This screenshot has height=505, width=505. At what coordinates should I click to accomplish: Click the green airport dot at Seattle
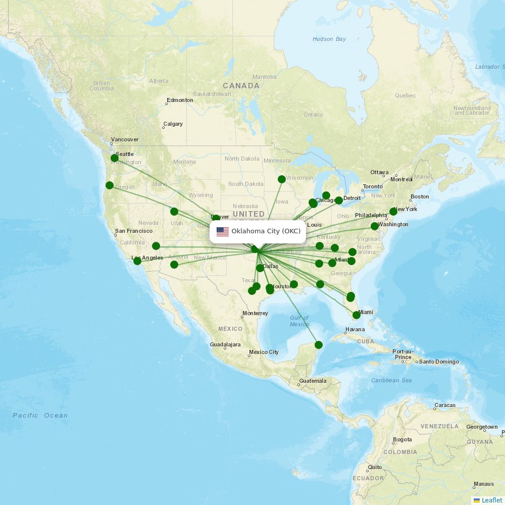coord(115,158)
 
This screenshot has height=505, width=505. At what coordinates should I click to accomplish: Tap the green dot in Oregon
coord(110,185)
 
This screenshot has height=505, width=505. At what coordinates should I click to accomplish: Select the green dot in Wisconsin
coord(282,179)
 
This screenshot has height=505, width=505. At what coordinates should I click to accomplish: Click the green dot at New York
coord(393,212)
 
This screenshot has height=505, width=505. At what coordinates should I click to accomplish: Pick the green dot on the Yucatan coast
coord(319,345)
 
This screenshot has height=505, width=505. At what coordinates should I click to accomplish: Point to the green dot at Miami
coord(357,315)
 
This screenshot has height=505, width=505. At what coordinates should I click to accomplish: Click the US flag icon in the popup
coord(223,232)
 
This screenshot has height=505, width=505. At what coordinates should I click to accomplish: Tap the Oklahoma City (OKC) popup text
coord(266,232)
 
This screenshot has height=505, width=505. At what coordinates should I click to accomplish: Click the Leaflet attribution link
coord(492,500)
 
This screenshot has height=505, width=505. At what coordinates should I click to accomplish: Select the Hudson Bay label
coord(329,39)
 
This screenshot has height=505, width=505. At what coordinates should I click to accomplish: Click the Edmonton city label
coord(180,100)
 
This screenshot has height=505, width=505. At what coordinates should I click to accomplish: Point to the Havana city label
coord(355,329)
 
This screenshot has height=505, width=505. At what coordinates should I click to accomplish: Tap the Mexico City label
coord(264,352)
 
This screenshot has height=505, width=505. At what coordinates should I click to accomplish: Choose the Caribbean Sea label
coord(391,380)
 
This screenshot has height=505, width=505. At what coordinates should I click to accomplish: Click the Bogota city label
coord(402,439)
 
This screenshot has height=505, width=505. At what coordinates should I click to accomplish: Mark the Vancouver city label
coord(125,139)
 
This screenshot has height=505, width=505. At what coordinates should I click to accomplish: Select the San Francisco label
coord(134,231)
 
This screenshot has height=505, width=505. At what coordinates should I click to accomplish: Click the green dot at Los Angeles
coord(137,261)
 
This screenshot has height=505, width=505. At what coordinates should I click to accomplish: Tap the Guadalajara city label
coord(225,344)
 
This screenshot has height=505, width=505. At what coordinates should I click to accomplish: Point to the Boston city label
coord(420,196)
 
